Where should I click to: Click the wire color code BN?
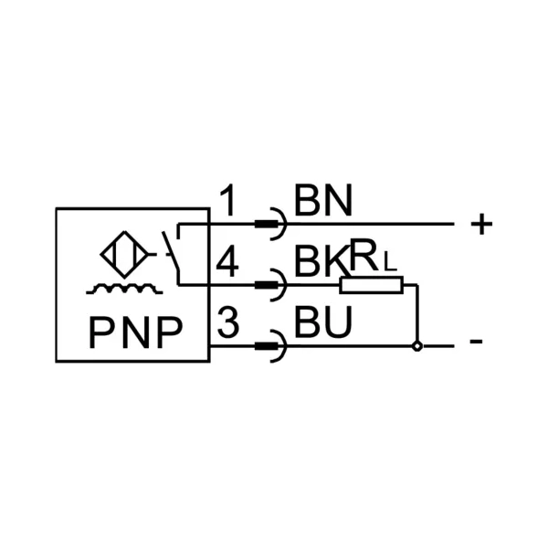pyautogui.click(x=322, y=201)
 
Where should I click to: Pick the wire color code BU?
pyautogui.click(x=322, y=323)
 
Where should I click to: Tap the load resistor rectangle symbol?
pyautogui.click(x=371, y=286)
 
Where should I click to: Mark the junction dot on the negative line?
pyautogui.click(x=417, y=346)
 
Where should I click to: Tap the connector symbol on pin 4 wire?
pyautogui.click(x=271, y=286)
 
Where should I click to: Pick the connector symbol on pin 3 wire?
pyautogui.click(x=271, y=346)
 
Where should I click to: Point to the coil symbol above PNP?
pyautogui.click(x=124, y=290)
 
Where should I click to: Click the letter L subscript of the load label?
pyautogui.click(x=390, y=266)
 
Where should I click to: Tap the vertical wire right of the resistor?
pyautogui.click(x=417, y=315)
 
